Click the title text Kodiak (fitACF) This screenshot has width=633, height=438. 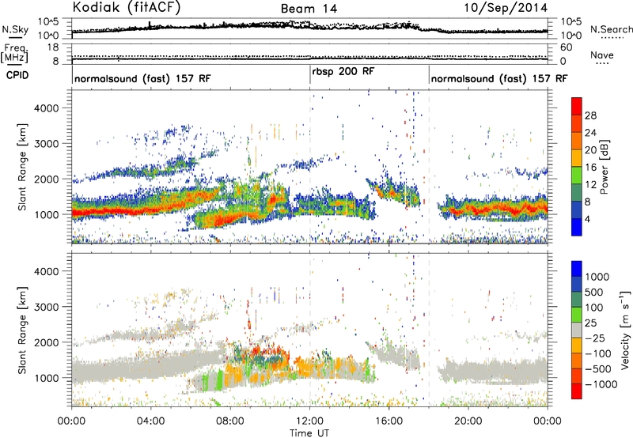127,7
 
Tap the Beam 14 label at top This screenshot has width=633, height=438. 309,9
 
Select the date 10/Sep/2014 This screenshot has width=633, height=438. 506,8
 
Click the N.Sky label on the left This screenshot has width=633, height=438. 15,29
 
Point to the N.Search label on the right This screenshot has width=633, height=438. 611,29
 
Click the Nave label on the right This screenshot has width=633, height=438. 602,55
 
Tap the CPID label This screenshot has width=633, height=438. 17,75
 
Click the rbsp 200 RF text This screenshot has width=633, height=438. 343,72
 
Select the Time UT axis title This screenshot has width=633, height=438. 309,433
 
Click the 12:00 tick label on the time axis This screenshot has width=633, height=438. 309,421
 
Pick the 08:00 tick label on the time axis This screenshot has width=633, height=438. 230,421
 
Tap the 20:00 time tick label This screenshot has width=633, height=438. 468,421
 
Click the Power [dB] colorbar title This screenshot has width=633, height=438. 605,167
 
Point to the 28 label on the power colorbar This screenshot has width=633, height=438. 590,115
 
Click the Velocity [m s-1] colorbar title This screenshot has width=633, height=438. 625,330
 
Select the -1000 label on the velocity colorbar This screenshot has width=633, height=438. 601,384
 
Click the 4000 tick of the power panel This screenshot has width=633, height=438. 47,108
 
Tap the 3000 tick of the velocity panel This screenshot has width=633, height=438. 47,307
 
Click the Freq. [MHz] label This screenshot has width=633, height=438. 14,53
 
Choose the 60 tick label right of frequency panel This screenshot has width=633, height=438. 567,47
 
